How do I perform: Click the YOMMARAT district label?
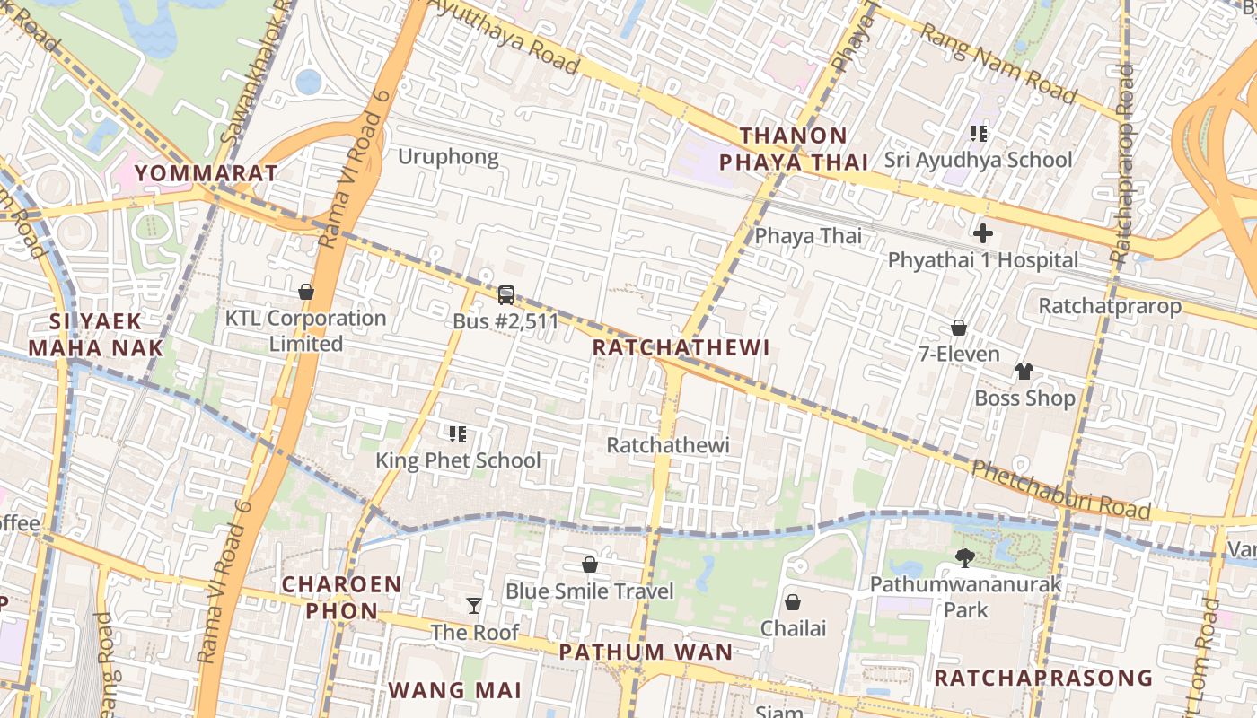(x=206, y=172)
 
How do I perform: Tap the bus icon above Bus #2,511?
(x=506, y=294)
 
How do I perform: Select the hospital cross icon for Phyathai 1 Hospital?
(x=983, y=233)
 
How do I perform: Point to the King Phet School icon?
(x=458, y=434)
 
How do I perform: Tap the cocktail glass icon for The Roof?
(x=474, y=606)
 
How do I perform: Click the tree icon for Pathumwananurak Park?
(x=965, y=558)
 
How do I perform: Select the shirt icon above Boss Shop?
(x=1024, y=372)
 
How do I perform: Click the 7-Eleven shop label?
(x=958, y=354)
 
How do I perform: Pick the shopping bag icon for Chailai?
(x=793, y=602)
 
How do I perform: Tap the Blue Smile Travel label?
(x=589, y=591)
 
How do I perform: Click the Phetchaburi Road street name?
(x=1061, y=490)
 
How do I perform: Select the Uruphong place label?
(x=448, y=157)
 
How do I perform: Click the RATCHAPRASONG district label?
(x=1042, y=678)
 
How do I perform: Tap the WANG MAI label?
(x=454, y=690)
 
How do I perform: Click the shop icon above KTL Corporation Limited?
(x=306, y=292)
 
